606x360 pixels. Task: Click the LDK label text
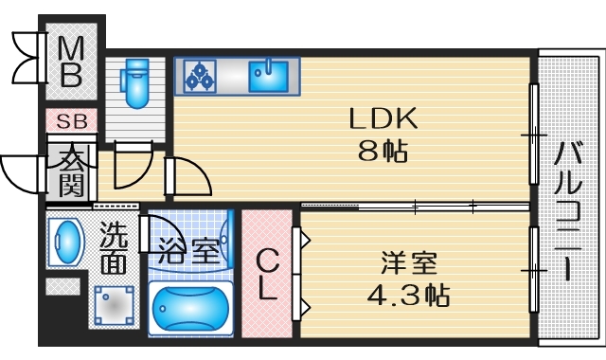coord(383,119)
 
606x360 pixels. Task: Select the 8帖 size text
coord(383,150)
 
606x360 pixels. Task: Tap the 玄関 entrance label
coord(69,171)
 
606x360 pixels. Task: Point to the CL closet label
coord(269,274)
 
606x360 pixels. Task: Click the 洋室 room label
coord(409,261)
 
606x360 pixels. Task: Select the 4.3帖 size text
coord(409,294)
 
